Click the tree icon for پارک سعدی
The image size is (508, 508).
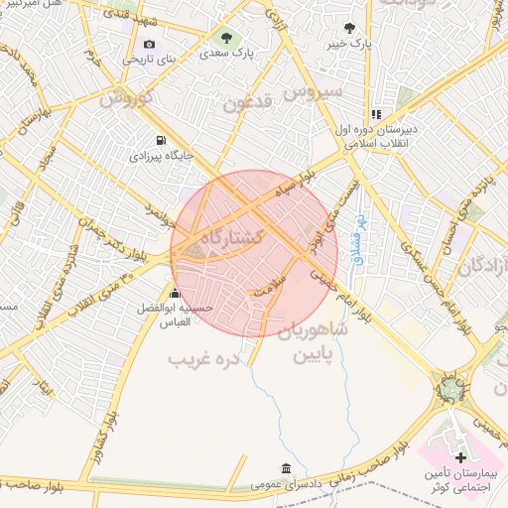(227, 39)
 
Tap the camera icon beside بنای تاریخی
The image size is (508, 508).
(149, 44)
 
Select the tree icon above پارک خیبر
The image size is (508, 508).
(348, 28)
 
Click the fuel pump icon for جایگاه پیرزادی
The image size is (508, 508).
(162, 140)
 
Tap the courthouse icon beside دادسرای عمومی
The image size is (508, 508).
(286, 468)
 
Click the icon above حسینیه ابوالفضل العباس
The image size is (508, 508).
(176, 293)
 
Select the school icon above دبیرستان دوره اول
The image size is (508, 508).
(376, 115)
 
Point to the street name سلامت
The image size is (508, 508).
(269, 289)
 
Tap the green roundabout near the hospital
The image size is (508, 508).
(452, 388)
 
